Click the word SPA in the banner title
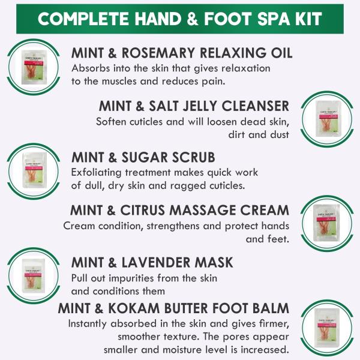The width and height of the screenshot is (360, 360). pos(267,17)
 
